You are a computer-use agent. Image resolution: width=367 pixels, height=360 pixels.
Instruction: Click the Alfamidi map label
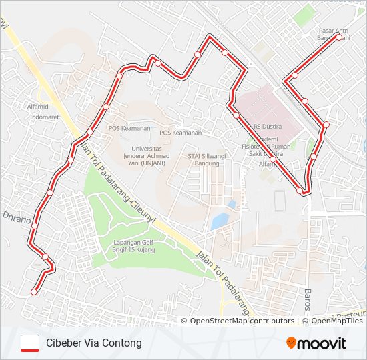pos(38,107)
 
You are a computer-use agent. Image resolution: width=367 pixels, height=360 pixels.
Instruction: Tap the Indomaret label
pos(43,117)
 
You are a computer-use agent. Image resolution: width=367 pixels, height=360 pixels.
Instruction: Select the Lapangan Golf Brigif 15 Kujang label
pos(133,245)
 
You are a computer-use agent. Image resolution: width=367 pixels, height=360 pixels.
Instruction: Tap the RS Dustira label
pos(267,126)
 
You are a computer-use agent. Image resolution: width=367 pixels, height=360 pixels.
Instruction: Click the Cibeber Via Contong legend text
pos(94,343)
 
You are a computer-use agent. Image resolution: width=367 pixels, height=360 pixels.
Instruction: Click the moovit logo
pos(316,343)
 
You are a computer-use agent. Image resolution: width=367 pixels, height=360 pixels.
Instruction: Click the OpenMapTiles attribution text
pos(336,321)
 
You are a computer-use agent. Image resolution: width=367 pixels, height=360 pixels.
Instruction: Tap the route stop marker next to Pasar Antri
pos(338,37)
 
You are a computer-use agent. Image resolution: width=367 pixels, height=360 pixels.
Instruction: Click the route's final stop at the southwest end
pos(34,291)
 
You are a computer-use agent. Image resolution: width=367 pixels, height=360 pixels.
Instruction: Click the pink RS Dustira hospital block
pos(260,107)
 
